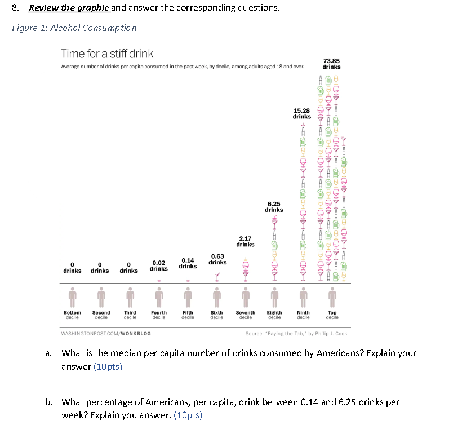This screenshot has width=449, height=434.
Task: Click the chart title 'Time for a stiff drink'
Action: tap(107, 54)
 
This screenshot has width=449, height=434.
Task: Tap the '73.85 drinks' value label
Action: tap(331, 63)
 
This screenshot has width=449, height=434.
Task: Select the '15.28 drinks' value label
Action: tap(302, 113)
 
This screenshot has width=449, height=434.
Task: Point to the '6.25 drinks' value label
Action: tap(274, 207)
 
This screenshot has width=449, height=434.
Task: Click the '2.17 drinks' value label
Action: tap(245, 241)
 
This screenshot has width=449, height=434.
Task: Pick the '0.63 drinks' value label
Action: tap(217, 259)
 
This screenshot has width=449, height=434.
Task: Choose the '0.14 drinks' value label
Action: tap(188, 263)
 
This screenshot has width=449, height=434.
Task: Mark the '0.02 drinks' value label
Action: tap(159, 265)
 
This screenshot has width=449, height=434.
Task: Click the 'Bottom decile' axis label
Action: tap(72, 315)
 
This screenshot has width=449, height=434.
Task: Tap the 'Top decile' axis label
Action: tap(332, 315)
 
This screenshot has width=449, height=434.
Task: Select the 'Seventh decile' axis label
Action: tap(245, 315)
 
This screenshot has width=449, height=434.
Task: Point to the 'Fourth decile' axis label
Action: tap(159, 315)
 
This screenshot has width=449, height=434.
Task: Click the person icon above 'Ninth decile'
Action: tap(303, 296)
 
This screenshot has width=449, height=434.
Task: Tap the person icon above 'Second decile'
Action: tap(101, 296)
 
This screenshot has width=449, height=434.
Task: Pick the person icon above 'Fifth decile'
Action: tap(188, 296)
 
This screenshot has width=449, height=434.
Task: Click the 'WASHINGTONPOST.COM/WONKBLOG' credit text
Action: tap(106, 333)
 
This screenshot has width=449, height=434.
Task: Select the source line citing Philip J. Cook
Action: tap(296, 333)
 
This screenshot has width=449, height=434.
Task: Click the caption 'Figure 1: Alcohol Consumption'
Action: tap(74, 28)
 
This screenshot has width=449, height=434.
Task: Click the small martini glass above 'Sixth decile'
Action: tap(217, 276)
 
